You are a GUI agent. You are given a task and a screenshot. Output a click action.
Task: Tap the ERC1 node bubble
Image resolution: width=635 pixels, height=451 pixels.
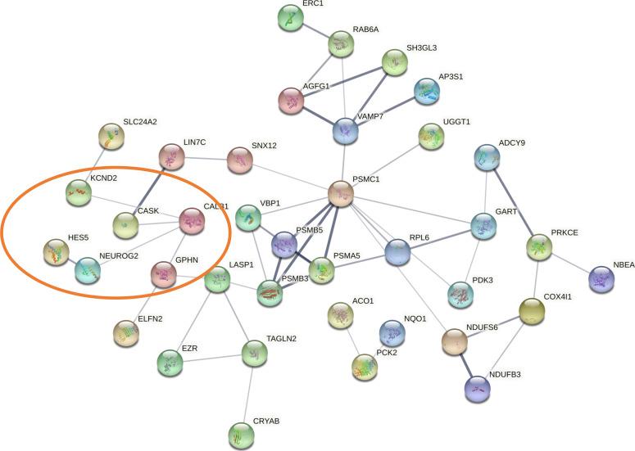(x=291, y=18)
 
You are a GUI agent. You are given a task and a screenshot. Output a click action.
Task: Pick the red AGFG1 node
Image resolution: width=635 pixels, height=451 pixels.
(x=292, y=100)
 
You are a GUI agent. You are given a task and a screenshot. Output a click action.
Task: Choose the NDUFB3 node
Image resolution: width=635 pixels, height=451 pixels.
(x=477, y=389)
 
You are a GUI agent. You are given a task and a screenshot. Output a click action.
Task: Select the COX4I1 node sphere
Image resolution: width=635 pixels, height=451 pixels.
(x=533, y=310)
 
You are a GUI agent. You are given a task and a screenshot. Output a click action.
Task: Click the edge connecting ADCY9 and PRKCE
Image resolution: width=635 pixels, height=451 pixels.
(x=512, y=201)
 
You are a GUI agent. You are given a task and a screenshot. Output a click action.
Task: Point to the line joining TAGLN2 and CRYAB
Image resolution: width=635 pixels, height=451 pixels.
(x=247, y=393)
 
